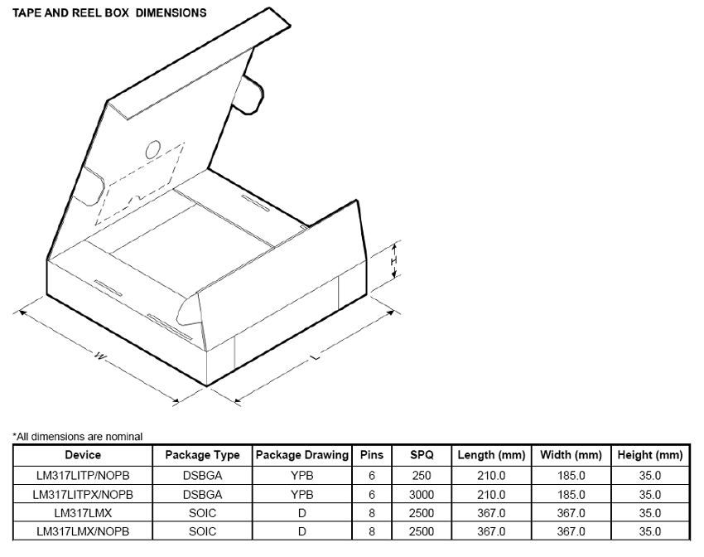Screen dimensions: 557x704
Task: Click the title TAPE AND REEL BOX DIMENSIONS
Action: pyautogui.click(x=108, y=13)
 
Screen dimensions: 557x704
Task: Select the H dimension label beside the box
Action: pyautogui.click(x=395, y=261)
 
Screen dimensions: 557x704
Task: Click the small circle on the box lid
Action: pyautogui.click(x=153, y=149)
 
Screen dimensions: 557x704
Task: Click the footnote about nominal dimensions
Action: pyautogui.click(x=77, y=436)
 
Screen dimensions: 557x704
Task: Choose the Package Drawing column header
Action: pyautogui.click(x=301, y=455)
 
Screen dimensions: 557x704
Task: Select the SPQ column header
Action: pyautogui.click(x=421, y=455)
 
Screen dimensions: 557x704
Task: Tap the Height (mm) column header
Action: pyautogui.click(x=650, y=455)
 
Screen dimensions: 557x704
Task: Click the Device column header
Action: pyautogui.click(x=83, y=455)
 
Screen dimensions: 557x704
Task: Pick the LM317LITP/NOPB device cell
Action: pyautogui.click(x=83, y=475)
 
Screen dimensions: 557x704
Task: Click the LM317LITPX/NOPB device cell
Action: pyautogui.click(x=83, y=494)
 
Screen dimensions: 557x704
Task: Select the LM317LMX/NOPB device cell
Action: pyautogui.click(x=83, y=531)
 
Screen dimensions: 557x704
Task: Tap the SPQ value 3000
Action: pyautogui.click(x=421, y=494)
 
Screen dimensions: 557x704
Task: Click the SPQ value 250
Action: pyautogui.click(x=421, y=475)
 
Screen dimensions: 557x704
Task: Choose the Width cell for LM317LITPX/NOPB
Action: pyautogui.click(x=571, y=494)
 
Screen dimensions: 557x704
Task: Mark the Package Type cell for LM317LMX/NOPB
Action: pyautogui.click(x=202, y=531)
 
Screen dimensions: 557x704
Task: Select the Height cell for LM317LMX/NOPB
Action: pyautogui.click(x=650, y=531)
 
